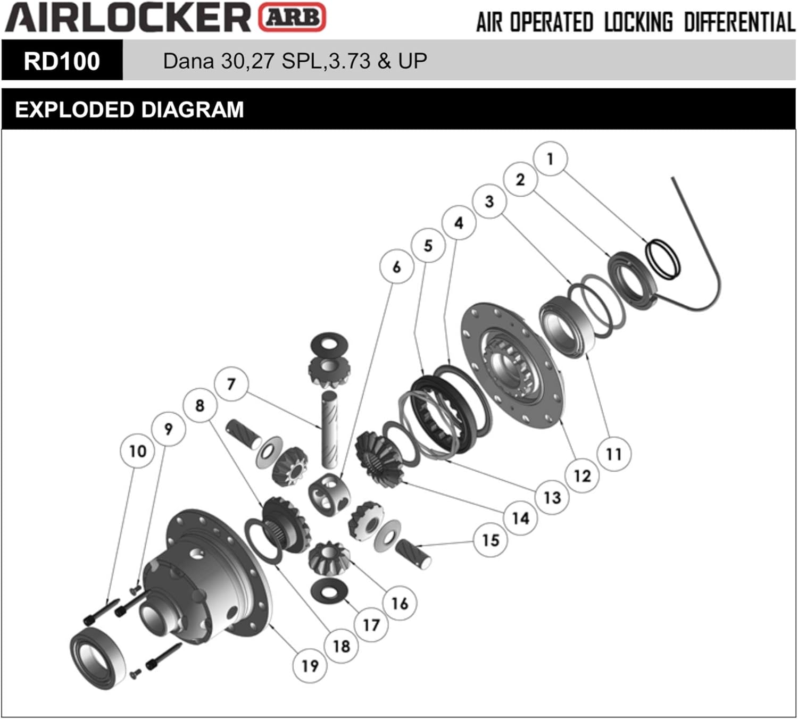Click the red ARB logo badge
(292, 17)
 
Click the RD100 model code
(62, 61)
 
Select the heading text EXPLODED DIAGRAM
(129, 110)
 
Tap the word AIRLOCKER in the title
(128, 17)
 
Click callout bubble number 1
(550, 158)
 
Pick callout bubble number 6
(396, 266)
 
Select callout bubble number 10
(137, 451)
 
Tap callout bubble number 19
(310, 665)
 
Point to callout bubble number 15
(491, 540)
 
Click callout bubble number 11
(613, 454)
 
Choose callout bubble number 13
(552, 497)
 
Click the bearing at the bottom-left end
(98, 658)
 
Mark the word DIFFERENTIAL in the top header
(739, 22)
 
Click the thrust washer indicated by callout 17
(329, 591)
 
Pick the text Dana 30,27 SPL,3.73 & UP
(295, 61)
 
